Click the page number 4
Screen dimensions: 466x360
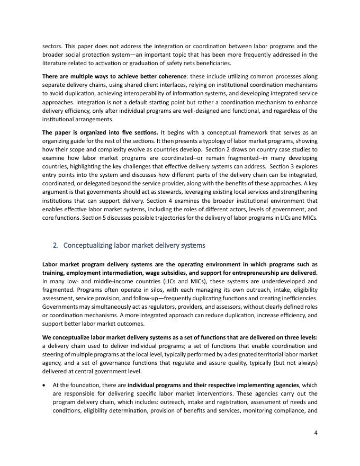(x=316, y=432)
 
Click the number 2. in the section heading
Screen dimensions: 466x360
(x=56, y=245)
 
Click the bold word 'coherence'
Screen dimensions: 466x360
(x=170, y=76)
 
